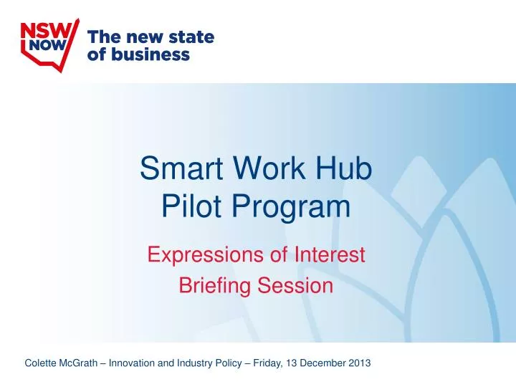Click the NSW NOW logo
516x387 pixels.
pyautogui.click(x=48, y=40)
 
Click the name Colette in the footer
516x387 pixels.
pyautogui.click(x=40, y=363)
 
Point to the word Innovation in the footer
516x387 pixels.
pyautogui.click(x=132, y=363)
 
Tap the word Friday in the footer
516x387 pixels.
pyautogui.click(x=267, y=363)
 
